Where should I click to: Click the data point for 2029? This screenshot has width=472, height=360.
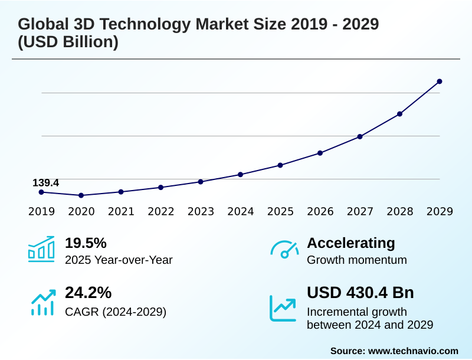[x=440, y=81]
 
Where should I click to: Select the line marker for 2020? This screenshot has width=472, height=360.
[x=81, y=195]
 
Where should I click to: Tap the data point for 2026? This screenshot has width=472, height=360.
[x=320, y=153]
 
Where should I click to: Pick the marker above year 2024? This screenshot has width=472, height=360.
[x=240, y=175]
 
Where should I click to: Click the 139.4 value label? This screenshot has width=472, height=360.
[x=45, y=183]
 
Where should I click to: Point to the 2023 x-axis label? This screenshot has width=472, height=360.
[x=201, y=212]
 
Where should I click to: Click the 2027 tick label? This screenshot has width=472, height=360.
[x=360, y=212]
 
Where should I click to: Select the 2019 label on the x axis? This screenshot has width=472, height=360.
[x=41, y=212]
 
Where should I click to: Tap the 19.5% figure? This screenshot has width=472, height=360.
[x=86, y=243]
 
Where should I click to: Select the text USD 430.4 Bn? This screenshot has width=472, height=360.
[x=360, y=293]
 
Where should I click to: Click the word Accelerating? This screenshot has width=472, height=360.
[x=351, y=243]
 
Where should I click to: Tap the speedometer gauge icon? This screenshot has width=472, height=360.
[x=284, y=250]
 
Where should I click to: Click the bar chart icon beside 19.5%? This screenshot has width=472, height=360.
[x=41, y=249]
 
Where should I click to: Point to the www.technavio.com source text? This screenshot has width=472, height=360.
[x=413, y=351]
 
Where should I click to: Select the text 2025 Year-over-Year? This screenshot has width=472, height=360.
[x=119, y=260]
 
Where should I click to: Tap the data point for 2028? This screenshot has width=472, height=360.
[x=399, y=114]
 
